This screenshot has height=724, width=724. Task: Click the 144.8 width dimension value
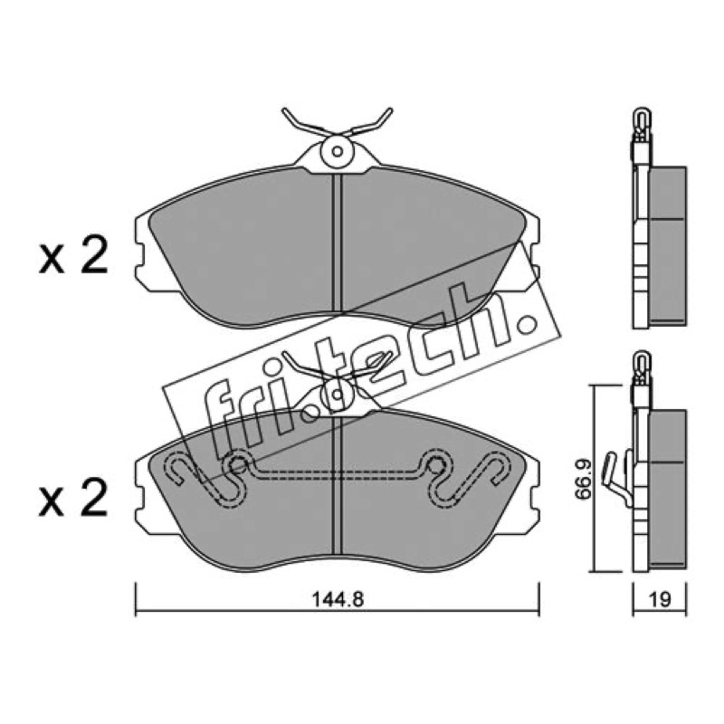point(338,599)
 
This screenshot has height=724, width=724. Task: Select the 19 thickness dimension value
point(660,599)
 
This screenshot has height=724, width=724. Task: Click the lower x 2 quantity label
point(73,497)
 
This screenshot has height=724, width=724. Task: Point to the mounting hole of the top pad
point(338,151)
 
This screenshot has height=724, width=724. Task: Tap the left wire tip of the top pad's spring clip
point(284,110)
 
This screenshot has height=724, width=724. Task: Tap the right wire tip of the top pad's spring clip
point(390,110)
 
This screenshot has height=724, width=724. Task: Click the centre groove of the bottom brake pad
point(337,485)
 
